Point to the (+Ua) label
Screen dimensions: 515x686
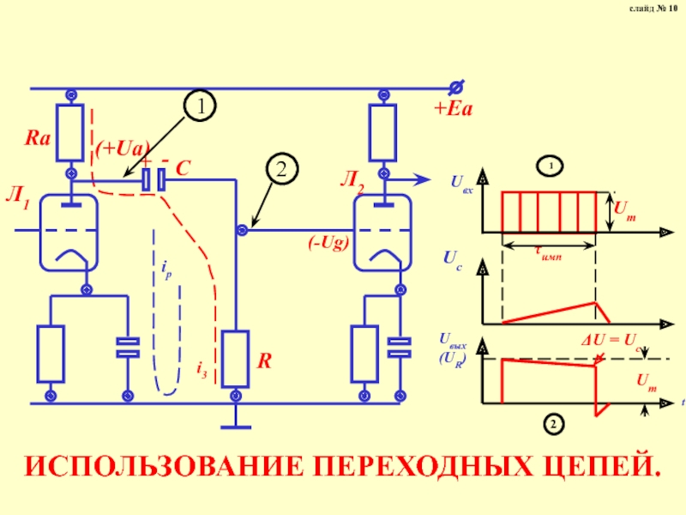click(x=123, y=147)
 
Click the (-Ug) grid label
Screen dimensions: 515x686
click(x=328, y=243)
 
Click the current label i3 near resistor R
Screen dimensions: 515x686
click(x=202, y=369)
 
